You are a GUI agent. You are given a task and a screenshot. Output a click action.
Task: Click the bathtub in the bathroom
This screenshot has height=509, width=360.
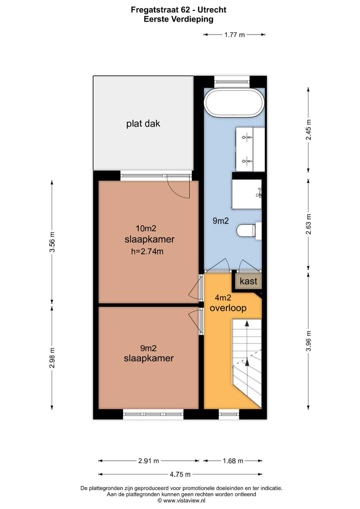[235, 103]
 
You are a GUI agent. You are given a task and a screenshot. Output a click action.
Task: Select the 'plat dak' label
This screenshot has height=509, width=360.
[143, 124]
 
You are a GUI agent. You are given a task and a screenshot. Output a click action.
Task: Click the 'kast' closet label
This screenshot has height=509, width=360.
[248, 281]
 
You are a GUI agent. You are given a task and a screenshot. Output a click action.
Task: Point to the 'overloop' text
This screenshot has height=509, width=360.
[228, 308]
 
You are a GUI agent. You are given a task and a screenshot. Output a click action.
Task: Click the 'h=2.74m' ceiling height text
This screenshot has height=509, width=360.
[147, 251]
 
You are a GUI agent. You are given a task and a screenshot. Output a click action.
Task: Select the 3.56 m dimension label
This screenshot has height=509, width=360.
[52, 242]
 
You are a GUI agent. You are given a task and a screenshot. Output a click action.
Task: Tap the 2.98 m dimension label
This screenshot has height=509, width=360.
[52, 358]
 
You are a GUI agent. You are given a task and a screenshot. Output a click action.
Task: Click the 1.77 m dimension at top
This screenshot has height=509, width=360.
[235, 35]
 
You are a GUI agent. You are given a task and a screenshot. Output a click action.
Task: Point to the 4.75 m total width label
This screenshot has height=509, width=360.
[180, 474]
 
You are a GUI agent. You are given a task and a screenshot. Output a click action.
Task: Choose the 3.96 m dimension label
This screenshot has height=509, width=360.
[308, 341]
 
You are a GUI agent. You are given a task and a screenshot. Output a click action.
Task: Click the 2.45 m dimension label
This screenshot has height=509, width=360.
[308, 130]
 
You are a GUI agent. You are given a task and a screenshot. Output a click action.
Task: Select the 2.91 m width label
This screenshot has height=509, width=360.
[149, 461]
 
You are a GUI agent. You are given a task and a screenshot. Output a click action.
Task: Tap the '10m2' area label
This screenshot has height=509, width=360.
[146, 228]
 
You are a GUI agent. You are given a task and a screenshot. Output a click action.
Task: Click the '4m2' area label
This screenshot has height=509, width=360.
[223, 297]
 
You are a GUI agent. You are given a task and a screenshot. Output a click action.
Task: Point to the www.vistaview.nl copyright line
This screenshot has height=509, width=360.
[181, 500]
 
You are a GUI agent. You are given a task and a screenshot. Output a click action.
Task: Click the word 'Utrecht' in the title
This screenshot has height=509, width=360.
[212, 10]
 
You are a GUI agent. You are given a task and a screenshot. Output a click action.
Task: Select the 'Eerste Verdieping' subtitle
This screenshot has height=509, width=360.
[179, 19]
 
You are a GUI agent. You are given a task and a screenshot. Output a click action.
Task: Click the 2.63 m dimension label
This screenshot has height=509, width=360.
[308, 224]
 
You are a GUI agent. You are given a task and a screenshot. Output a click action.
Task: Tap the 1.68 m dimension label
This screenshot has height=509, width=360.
[233, 461]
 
